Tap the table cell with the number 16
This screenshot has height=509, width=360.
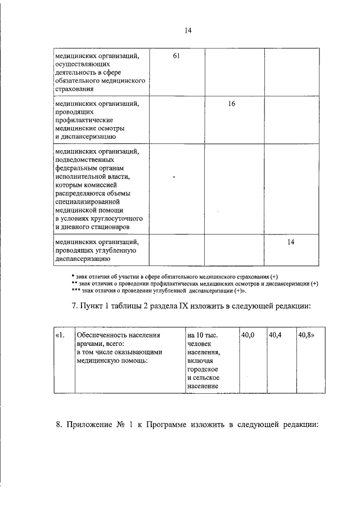click(x=231, y=104)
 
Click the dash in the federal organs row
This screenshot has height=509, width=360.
click(x=174, y=177)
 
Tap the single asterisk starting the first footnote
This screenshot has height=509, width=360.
click(x=73, y=276)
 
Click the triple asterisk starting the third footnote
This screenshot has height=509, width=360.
click(x=75, y=291)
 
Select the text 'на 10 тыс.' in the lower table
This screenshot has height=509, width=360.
click(x=202, y=335)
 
